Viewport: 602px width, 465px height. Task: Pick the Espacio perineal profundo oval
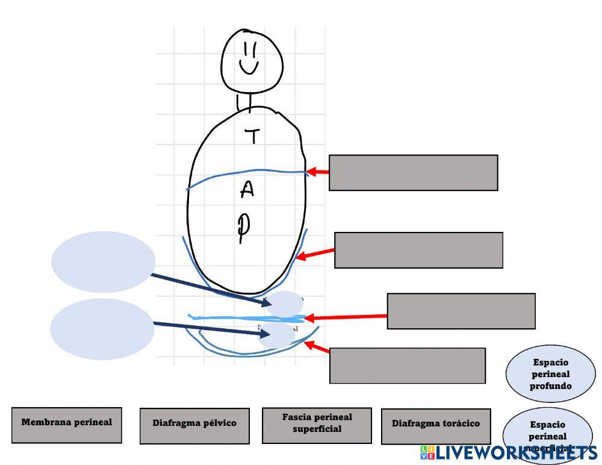[550, 374]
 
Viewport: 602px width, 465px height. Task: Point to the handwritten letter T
[253, 137]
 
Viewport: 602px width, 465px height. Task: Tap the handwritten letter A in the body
[247, 190]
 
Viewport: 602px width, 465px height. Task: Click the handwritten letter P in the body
[243, 228]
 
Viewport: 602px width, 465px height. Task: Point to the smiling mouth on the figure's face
[249, 67]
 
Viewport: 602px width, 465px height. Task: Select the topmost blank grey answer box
[413, 173]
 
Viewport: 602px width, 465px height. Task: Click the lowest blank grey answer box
[407, 366]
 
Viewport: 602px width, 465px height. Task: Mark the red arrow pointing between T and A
[317, 172]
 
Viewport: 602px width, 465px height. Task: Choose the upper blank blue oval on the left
[103, 262]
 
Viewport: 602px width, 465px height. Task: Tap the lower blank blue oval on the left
[102, 329]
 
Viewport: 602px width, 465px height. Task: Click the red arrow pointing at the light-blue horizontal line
[346, 317]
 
